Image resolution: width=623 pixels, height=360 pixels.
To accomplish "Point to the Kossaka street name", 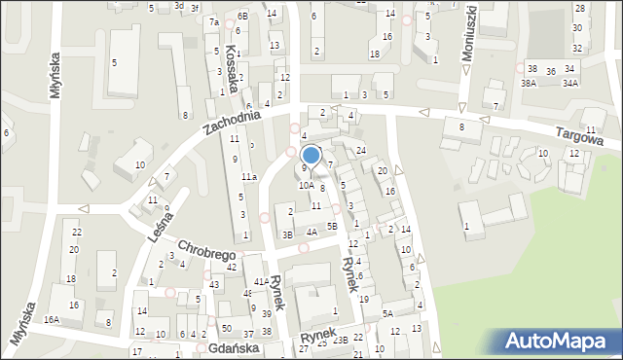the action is pos(232,67).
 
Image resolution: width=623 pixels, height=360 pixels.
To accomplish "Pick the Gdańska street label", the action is pos(234,347).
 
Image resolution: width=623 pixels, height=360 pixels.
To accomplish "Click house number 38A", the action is pos(528,84).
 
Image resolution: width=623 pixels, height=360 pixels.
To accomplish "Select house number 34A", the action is pos(569,84).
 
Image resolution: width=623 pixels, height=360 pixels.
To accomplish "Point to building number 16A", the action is pos(52,319).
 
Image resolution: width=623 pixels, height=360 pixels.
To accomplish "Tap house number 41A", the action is pos(261,281).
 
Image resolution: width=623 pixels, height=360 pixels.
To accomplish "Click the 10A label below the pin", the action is pos(305,184).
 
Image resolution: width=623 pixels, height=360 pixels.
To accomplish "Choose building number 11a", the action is pos(249,176).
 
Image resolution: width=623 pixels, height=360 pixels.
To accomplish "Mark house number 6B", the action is pos(242,17).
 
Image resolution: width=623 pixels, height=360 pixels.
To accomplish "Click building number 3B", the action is pos(287,234).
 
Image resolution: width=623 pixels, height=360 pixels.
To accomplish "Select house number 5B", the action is pos(332,227).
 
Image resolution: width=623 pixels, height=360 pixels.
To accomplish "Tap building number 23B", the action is pos(340,341).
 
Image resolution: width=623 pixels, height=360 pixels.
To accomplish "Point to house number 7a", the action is pos(213,21).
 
